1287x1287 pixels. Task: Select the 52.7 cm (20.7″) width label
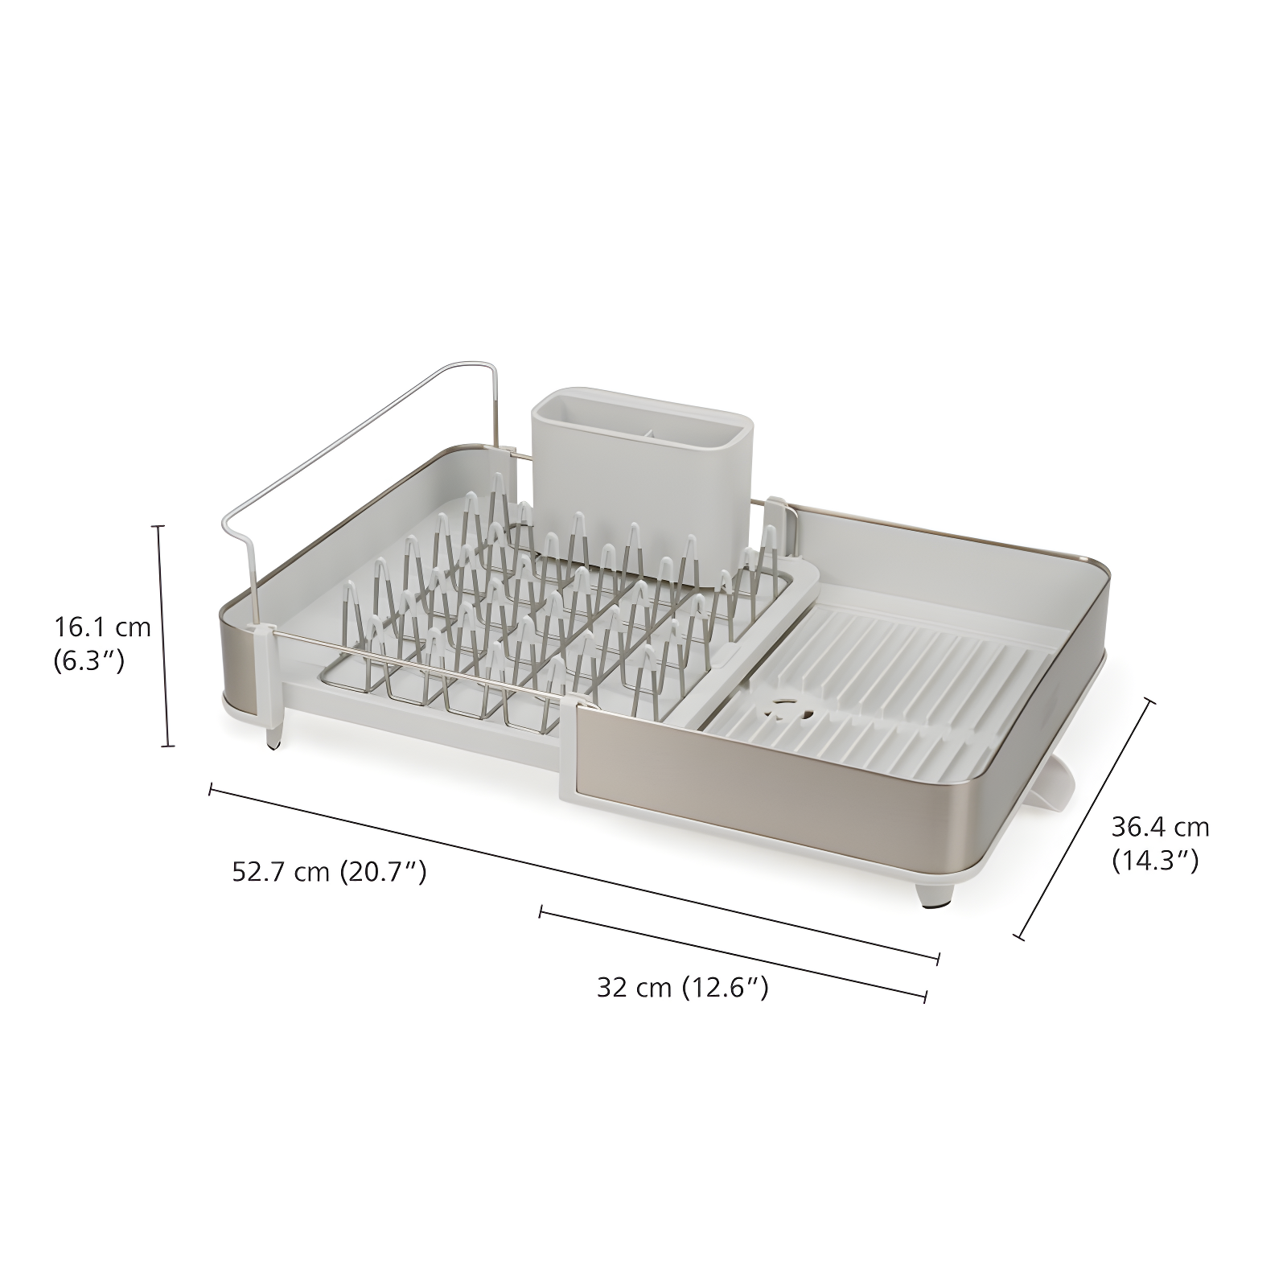click(328, 871)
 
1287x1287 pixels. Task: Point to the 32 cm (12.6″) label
click(682, 987)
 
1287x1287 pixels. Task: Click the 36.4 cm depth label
click(1160, 826)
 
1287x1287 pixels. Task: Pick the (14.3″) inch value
click(1155, 861)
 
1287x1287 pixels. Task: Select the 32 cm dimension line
click(732, 954)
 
